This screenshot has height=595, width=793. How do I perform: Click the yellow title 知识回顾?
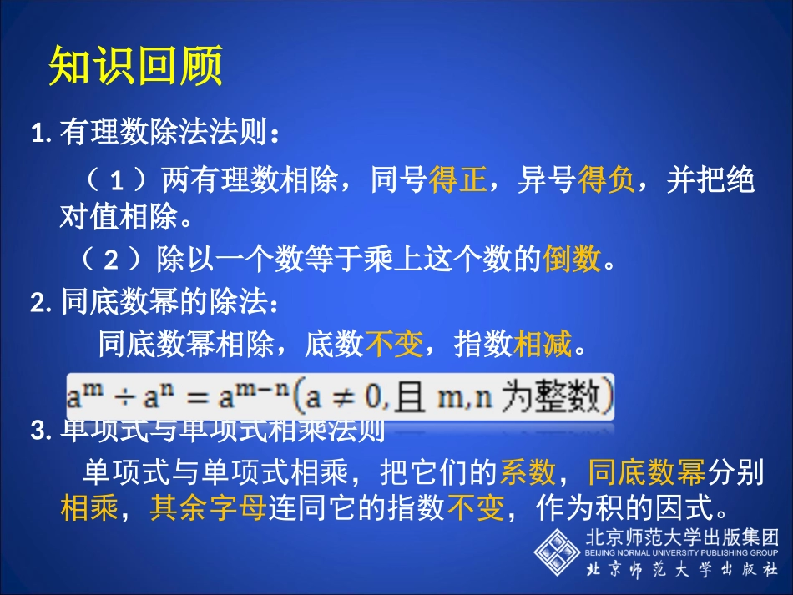click(136, 66)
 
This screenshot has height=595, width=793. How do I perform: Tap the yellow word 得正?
click(457, 180)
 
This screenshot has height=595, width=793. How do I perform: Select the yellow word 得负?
click(606, 180)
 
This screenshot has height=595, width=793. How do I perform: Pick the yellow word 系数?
click(528, 472)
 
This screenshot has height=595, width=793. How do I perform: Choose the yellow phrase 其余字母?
click(209, 507)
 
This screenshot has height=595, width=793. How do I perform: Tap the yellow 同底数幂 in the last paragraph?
click(647, 472)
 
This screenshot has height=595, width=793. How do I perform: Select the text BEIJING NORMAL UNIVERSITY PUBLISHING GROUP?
click(680, 552)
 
